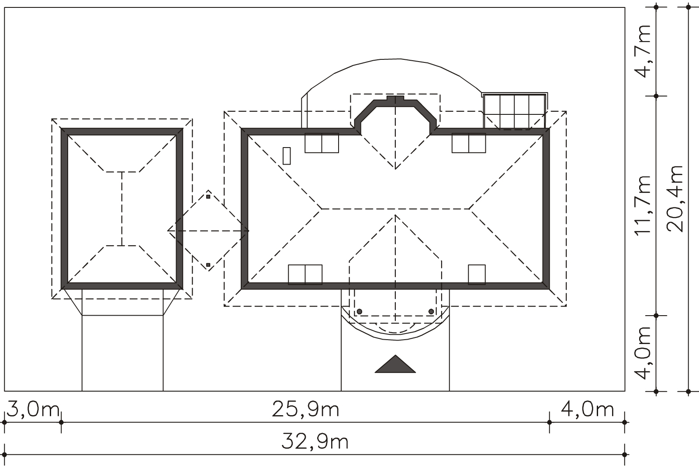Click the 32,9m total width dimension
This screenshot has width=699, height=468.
[315, 441]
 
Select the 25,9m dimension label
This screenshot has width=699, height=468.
[305, 409]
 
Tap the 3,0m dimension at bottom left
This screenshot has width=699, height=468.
[33, 409]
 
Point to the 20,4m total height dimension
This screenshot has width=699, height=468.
[675, 199]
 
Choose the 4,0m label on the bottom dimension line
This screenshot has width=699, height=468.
[587, 409]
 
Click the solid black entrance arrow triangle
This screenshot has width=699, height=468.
[395, 364]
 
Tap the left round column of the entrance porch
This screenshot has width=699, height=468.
[360, 311]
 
